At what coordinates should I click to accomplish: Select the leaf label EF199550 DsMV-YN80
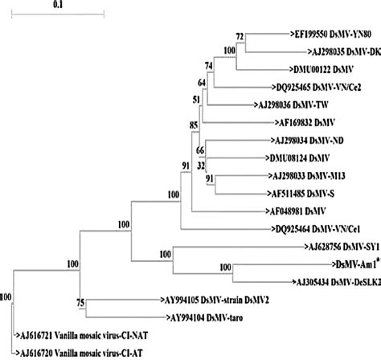(x=333, y=35)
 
